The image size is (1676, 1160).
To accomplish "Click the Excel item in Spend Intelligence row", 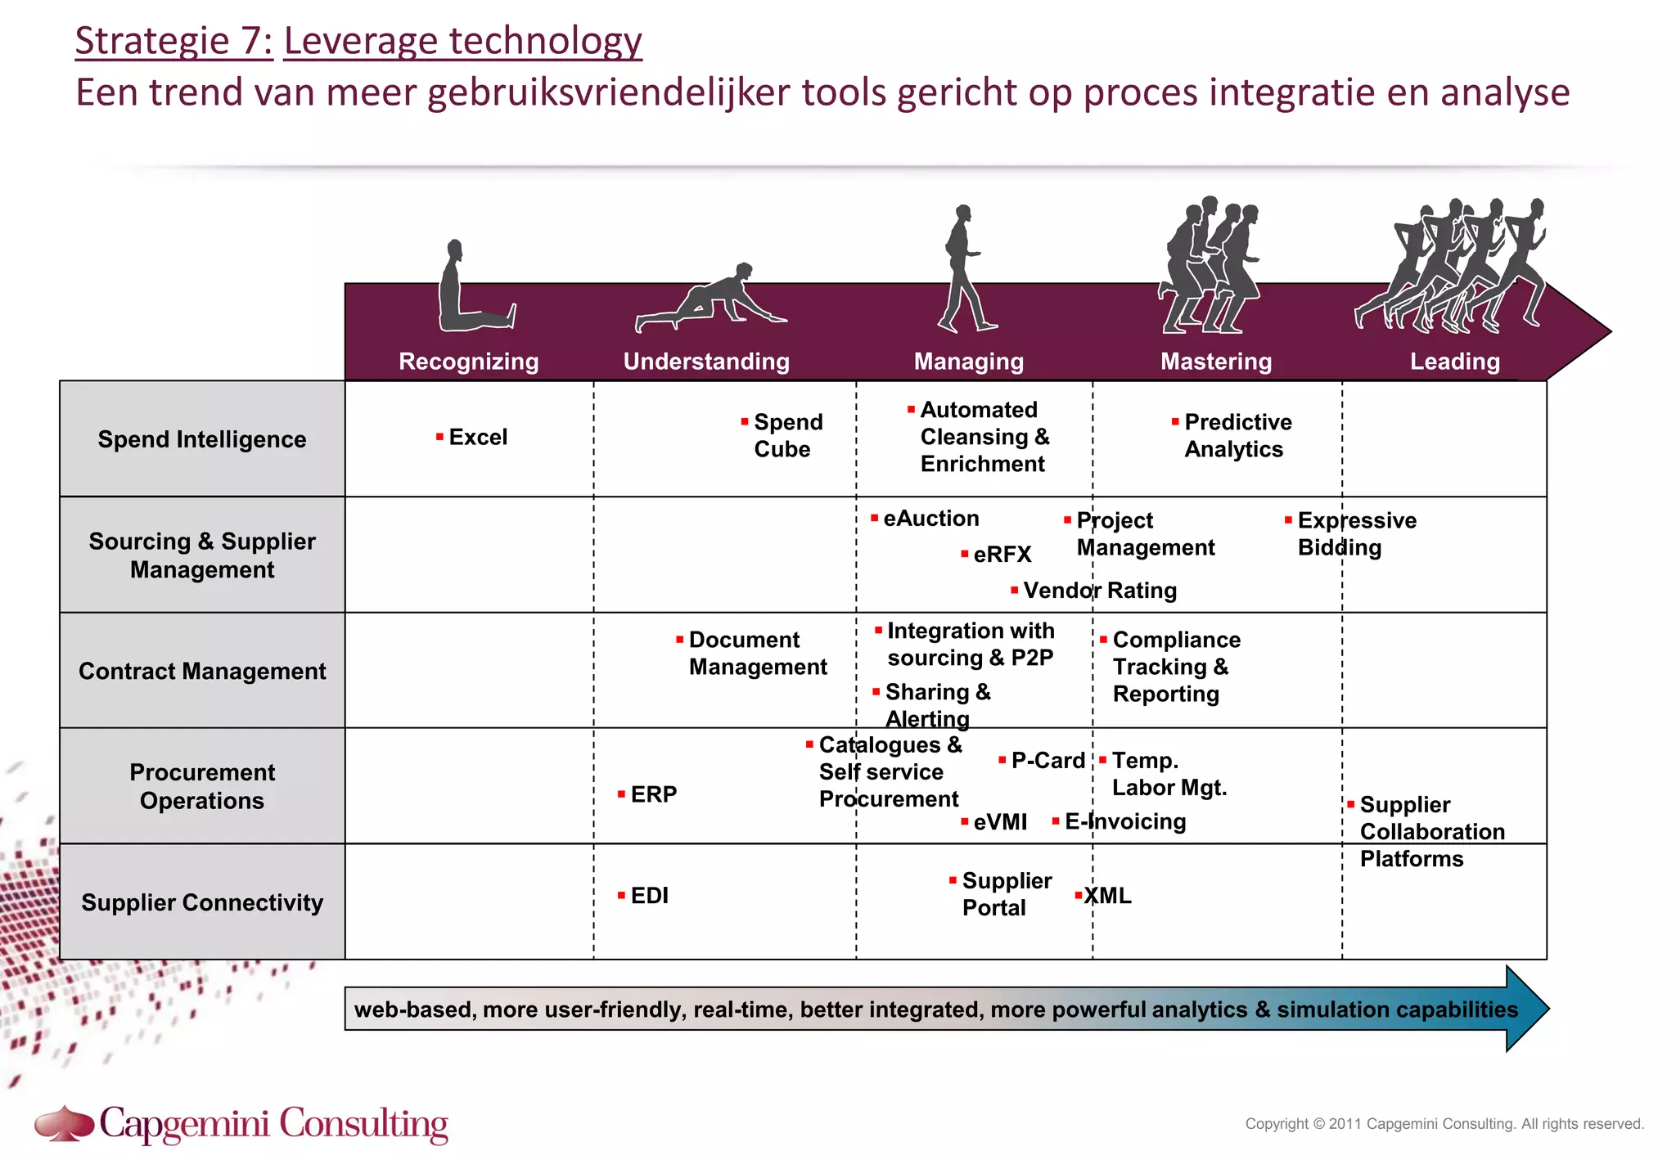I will pyautogui.click(x=477, y=437).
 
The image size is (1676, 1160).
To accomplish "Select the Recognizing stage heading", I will pyautogui.click(x=468, y=361).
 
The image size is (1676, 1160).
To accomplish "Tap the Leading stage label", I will pyautogui.click(x=1454, y=361).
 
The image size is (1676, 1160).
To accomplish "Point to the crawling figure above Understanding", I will pyautogui.click(x=710, y=299).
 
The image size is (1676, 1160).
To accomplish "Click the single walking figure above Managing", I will pyautogui.click(x=966, y=270).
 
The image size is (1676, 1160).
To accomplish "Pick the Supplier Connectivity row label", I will pyautogui.click(x=202, y=902).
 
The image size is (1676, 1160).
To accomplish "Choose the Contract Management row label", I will pyautogui.click(x=202, y=671).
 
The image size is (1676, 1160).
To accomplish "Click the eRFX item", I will pyautogui.click(x=1002, y=555).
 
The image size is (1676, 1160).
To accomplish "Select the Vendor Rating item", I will pyautogui.click(x=1099, y=590).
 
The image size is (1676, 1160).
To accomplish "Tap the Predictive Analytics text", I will pyautogui.click(x=1237, y=435).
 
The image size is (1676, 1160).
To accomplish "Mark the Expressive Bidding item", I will pyautogui.click(x=1355, y=533).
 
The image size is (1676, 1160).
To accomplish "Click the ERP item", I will pyautogui.click(x=652, y=794).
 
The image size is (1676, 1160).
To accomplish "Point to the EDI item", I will pyautogui.click(x=648, y=896).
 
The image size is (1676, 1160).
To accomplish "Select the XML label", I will pyautogui.click(x=1107, y=896).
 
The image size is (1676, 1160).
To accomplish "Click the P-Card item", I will pyautogui.click(x=1047, y=760).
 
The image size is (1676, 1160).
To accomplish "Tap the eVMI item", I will pyautogui.click(x=999, y=822).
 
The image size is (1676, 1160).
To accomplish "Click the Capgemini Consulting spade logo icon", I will pyautogui.click(x=64, y=1123).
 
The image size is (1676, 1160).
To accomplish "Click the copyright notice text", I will pyautogui.click(x=1444, y=1124).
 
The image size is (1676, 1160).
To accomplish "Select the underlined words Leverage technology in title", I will pyautogui.click(x=462, y=41).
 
